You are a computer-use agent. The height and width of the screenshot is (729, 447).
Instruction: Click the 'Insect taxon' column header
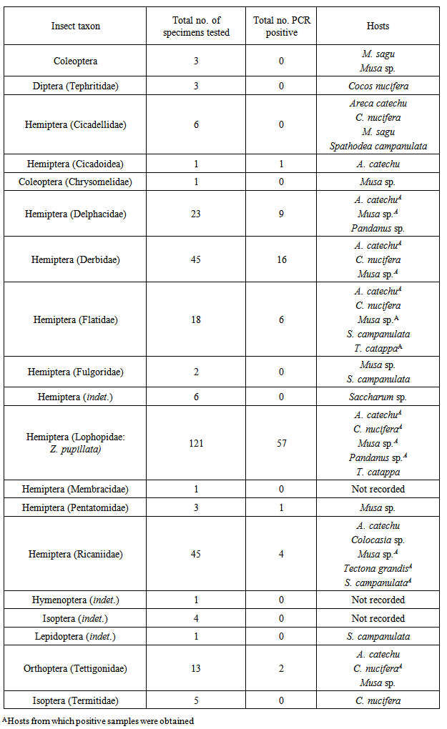click(x=75, y=26)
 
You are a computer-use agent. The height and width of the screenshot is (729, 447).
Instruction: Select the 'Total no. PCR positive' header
click(x=281, y=26)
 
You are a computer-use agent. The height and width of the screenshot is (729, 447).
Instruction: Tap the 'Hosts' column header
click(x=378, y=26)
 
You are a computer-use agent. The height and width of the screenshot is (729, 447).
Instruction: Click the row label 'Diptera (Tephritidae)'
click(x=75, y=86)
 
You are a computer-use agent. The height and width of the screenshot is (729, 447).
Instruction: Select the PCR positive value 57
click(x=281, y=444)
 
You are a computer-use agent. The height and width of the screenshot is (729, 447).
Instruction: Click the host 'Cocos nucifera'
click(x=378, y=86)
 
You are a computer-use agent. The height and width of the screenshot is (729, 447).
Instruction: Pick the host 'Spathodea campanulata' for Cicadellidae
click(x=378, y=147)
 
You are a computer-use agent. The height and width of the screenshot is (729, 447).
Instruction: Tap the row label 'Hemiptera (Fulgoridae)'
click(x=75, y=372)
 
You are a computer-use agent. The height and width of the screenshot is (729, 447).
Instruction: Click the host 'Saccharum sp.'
click(x=378, y=397)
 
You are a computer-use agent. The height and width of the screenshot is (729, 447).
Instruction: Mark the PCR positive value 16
click(x=281, y=259)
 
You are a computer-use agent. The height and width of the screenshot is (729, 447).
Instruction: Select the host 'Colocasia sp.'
click(x=378, y=540)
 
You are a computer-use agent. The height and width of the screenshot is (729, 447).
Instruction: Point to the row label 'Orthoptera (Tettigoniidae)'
click(x=75, y=669)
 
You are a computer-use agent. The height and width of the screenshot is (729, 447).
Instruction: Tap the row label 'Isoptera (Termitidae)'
click(x=75, y=701)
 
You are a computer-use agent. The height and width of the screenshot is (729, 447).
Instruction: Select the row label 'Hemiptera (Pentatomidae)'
click(x=75, y=507)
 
